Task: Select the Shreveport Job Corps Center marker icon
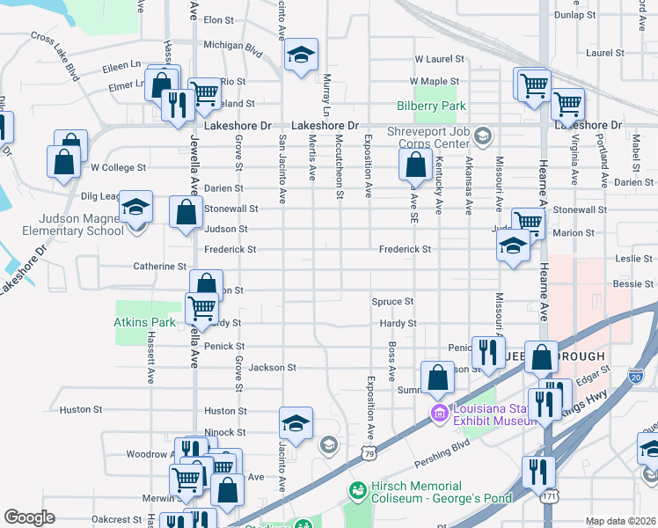click(481, 136)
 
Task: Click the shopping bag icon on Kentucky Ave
click(415, 165)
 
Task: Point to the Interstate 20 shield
click(635, 377)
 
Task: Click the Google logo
click(29, 517)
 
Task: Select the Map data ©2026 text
click(620, 521)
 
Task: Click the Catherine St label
click(159, 266)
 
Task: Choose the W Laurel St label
click(440, 60)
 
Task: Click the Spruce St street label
click(392, 301)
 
